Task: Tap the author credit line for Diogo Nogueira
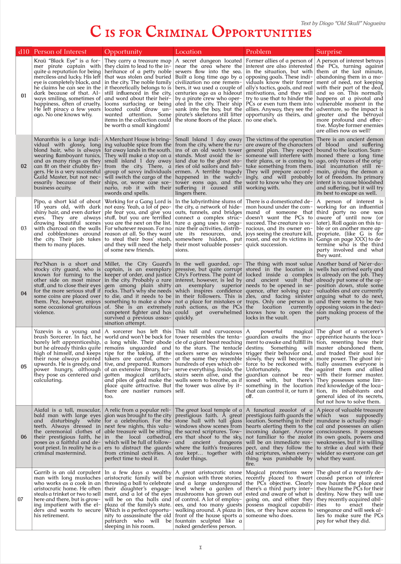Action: coord(343,23)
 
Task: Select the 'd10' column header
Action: coord(24,52)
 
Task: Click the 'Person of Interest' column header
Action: coord(60,52)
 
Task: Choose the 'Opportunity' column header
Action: coord(123,52)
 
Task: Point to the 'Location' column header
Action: coord(188,52)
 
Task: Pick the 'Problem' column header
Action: coord(258,52)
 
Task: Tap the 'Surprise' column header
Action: coord(329,52)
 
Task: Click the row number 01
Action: coord(24,96)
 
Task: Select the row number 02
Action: coord(24,166)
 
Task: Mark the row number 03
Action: coord(24,229)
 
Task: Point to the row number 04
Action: coord(24,293)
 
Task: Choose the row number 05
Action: coord(24,366)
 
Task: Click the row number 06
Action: coord(24,437)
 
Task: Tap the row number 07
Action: coord(20,499)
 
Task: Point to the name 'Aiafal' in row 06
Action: coord(41,410)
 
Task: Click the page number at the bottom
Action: coord(200,547)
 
